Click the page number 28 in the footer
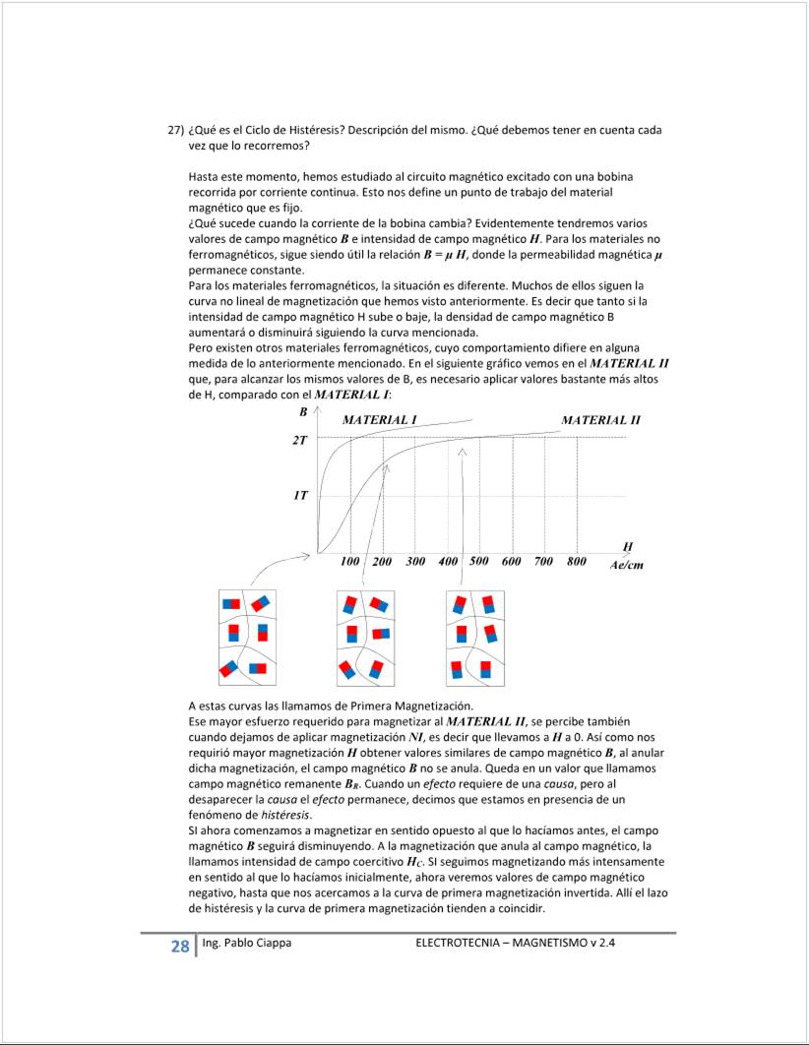(x=179, y=947)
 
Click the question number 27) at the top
(x=175, y=130)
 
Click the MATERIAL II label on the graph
(x=600, y=420)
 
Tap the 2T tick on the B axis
(x=299, y=440)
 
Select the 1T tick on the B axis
(x=299, y=496)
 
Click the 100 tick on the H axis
(x=349, y=562)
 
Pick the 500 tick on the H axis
(x=479, y=562)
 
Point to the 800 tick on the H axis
(x=576, y=562)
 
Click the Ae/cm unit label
(x=626, y=565)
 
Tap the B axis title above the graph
(x=303, y=411)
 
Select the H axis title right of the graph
(x=627, y=546)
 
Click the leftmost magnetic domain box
(x=247, y=638)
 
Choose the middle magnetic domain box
(x=365, y=638)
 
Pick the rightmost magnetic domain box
(x=475, y=638)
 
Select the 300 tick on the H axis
(x=414, y=562)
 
